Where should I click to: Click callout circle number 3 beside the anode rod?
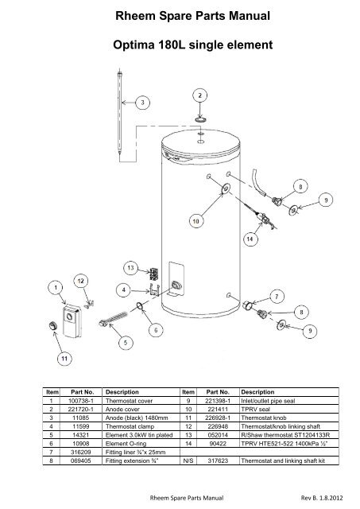[142, 102]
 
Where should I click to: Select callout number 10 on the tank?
[195, 218]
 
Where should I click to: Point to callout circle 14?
[250, 238]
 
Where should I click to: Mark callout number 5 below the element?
[125, 342]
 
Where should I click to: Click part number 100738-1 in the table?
[79, 400]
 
